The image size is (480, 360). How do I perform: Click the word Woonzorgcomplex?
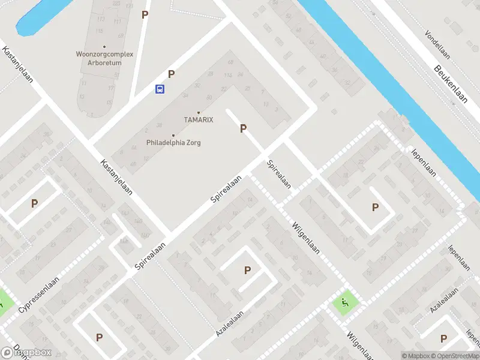104,54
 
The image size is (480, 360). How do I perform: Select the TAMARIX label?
199,120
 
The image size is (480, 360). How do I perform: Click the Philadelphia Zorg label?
173,143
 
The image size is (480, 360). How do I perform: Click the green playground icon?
344,302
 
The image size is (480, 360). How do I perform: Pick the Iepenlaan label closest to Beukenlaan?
424,161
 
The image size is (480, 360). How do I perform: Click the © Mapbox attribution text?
416,356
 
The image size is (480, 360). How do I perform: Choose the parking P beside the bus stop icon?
172,74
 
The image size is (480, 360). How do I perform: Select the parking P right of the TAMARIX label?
243,128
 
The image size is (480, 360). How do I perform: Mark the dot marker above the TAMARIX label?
199,113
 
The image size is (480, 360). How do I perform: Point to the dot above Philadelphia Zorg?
173,136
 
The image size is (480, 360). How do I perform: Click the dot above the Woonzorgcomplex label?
104,46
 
